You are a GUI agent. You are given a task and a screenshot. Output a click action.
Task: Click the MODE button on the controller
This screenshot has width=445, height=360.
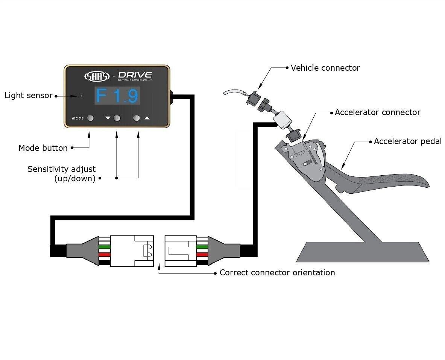90,118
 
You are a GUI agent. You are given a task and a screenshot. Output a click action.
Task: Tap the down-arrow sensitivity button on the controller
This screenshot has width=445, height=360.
117,118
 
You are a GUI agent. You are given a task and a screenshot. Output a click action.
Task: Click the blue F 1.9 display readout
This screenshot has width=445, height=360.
117,96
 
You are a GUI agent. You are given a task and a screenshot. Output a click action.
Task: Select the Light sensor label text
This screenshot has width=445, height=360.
29,96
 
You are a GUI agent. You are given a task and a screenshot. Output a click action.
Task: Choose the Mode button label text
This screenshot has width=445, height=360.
43,148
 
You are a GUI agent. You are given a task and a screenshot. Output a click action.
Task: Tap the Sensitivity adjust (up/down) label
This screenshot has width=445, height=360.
61,174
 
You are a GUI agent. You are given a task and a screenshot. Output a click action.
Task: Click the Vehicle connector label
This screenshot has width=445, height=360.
325,68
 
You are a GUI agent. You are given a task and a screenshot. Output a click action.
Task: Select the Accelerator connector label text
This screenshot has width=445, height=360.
377,112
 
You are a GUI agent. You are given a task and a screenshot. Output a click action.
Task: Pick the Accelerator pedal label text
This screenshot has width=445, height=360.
407,141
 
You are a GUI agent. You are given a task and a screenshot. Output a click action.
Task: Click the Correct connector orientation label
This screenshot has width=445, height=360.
277,272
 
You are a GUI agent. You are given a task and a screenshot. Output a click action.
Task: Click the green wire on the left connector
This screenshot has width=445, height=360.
105,246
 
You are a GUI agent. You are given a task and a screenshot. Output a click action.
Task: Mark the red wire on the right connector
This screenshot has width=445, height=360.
202,255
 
